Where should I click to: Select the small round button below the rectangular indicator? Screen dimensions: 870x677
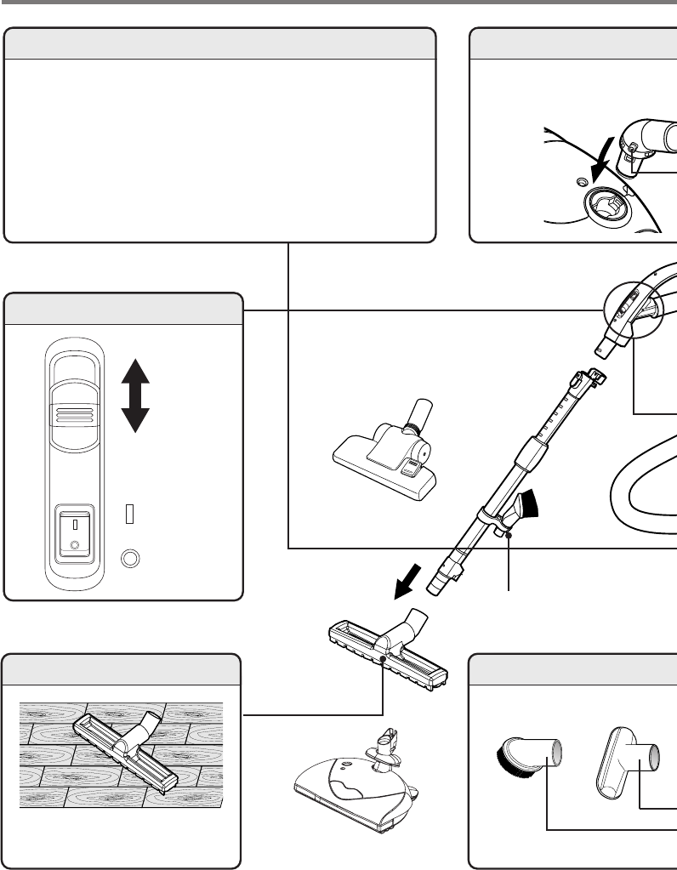[x=130, y=558]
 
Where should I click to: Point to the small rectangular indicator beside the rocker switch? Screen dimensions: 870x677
[x=130, y=514]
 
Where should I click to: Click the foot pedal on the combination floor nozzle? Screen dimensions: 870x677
[x=412, y=464]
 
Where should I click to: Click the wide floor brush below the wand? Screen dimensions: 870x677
[x=388, y=651]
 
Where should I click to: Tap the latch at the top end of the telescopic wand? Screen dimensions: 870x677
[x=593, y=375]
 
